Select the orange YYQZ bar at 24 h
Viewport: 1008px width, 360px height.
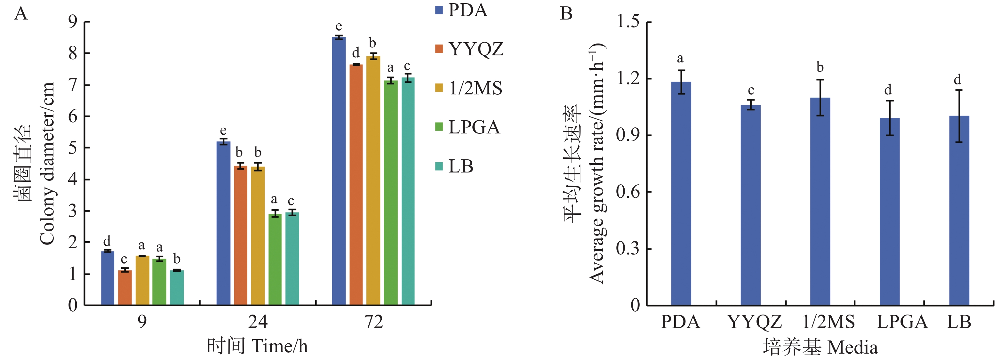pos(241,235)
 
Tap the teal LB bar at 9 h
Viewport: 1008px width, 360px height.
pos(177,288)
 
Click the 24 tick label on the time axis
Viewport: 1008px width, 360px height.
pos(258,322)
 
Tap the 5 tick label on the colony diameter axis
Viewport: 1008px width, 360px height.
pos(73,148)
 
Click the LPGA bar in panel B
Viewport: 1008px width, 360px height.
pos(889,211)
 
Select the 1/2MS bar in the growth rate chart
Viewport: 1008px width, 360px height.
pos(820,202)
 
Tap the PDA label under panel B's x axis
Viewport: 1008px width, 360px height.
pos(680,322)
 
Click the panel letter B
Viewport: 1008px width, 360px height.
pos(566,14)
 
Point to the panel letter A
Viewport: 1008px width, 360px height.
pos(21,14)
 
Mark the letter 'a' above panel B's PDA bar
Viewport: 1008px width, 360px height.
pos(680,59)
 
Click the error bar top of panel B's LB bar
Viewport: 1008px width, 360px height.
pos(959,90)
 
